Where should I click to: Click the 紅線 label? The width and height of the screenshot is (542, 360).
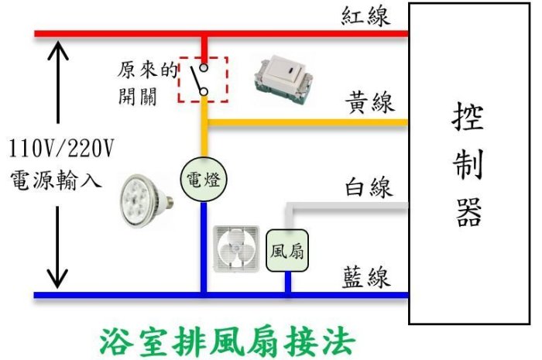click(368, 15)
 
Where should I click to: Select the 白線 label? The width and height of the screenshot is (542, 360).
click(369, 187)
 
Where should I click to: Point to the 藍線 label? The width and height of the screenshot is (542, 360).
click(368, 277)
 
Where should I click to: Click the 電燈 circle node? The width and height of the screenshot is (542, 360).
click(204, 180)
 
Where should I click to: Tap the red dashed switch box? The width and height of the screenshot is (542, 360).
click(202, 79)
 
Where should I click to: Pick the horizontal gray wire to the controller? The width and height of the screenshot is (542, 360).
click(348, 207)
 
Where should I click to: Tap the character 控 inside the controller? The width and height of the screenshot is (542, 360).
click(469, 118)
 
